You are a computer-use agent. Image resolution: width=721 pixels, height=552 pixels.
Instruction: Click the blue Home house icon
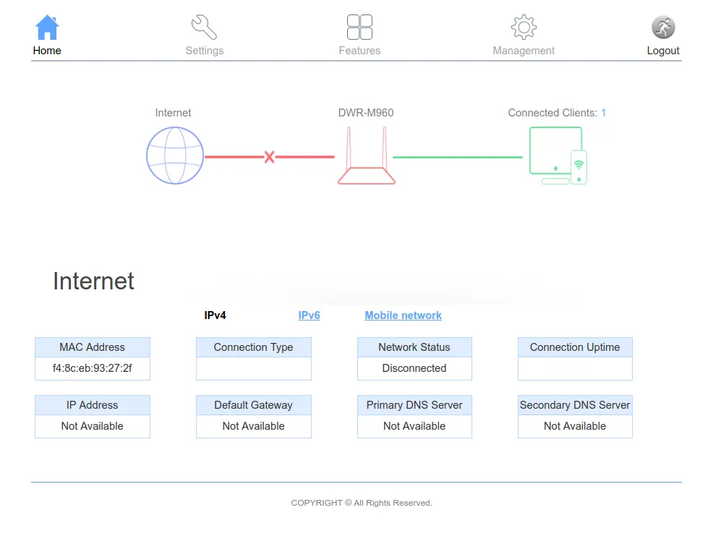[47, 27]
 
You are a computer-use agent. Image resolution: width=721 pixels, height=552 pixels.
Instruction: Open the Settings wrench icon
[204, 27]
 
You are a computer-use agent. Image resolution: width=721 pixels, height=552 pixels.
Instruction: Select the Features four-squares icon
[359, 27]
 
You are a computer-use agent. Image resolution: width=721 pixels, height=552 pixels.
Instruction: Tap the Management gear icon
[524, 27]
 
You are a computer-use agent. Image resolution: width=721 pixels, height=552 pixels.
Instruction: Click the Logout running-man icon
[663, 27]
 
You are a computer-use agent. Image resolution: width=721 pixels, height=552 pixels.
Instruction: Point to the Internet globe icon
[175, 156]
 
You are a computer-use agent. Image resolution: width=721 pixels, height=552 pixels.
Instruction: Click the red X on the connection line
[270, 157]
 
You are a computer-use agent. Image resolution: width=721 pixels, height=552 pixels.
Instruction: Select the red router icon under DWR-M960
[367, 156]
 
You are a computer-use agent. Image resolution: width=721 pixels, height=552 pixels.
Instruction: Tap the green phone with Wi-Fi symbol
[579, 167]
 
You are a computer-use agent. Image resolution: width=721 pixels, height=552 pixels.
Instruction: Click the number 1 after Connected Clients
[603, 113]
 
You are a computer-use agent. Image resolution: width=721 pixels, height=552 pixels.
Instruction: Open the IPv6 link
[309, 315]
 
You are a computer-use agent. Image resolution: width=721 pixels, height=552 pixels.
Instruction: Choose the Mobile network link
[404, 315]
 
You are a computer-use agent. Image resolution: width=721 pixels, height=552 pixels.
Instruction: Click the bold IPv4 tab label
[216, 315]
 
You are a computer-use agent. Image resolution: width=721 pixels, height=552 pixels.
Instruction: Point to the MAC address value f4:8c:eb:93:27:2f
[93, 368]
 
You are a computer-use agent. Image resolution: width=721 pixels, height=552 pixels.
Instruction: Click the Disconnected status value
[414, 368]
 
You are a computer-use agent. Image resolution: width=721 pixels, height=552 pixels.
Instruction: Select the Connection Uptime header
[575, 347]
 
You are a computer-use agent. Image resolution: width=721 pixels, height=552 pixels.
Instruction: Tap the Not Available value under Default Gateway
[253, 426]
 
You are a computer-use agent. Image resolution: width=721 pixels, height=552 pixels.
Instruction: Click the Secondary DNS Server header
[575, 405]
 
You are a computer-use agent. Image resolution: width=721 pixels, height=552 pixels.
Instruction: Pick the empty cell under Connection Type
[254, 368]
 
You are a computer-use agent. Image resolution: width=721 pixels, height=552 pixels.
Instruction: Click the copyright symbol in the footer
[348, 503]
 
